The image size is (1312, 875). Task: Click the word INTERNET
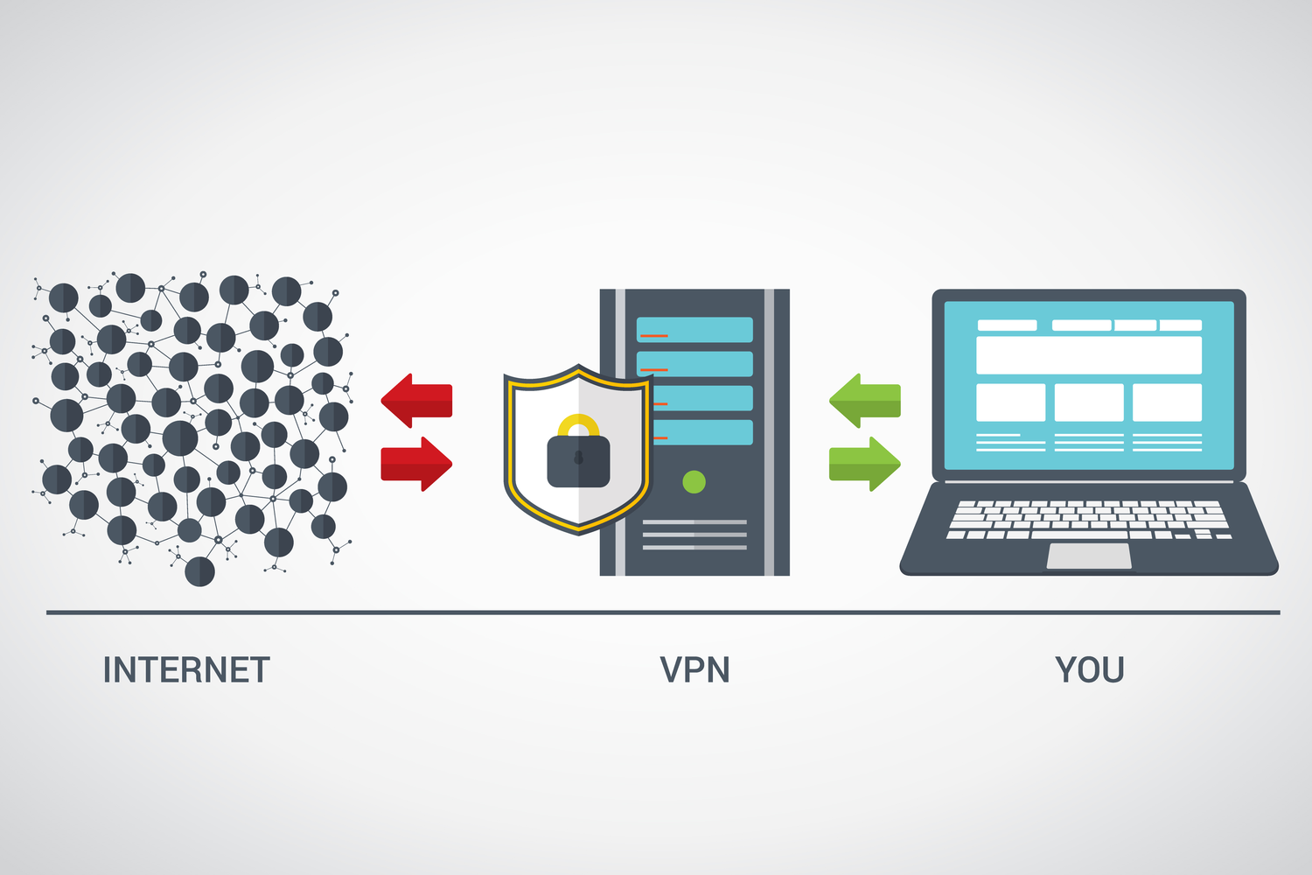click(186, 670)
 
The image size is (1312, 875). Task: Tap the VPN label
click(694, 670)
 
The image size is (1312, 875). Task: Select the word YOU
click(1090, 670)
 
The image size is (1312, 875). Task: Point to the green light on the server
click(694, 481)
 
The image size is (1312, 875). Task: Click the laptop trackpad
click(1089, 556)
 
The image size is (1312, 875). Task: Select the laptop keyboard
click(1089, 519)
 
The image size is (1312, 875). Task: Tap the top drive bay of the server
click(695, 330)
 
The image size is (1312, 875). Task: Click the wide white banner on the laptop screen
click(1089, 354)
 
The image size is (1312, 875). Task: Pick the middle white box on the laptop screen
click(1089, 402)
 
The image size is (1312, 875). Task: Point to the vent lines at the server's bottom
click(694, 535)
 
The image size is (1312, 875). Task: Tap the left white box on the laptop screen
click(1010, 402)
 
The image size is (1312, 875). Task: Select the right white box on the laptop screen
click(1167, 402)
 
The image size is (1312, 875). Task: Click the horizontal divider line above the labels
click(663, 612)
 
